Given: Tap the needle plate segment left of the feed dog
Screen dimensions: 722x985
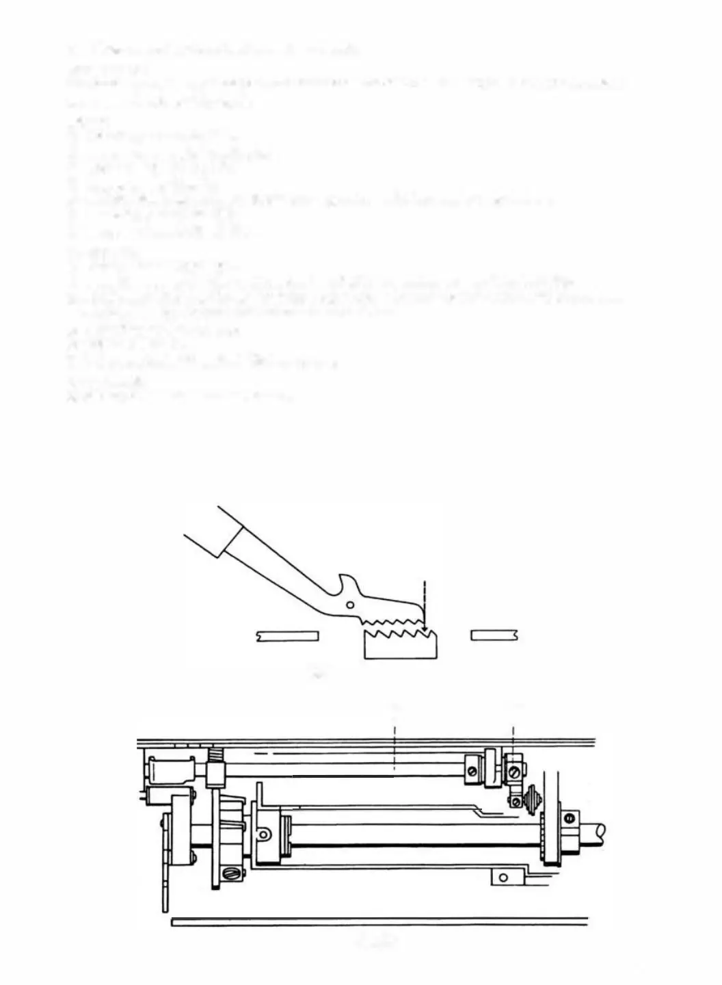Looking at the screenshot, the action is [x=288, y=636].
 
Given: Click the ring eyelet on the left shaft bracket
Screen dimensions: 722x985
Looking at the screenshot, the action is [x=263, y=833].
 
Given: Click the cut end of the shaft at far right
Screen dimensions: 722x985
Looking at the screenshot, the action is [x=600, y=832].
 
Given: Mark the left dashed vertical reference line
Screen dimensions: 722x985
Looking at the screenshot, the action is [x=395, y=739].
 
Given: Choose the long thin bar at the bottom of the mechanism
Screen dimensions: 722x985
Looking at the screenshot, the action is [x=380, y=922].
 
